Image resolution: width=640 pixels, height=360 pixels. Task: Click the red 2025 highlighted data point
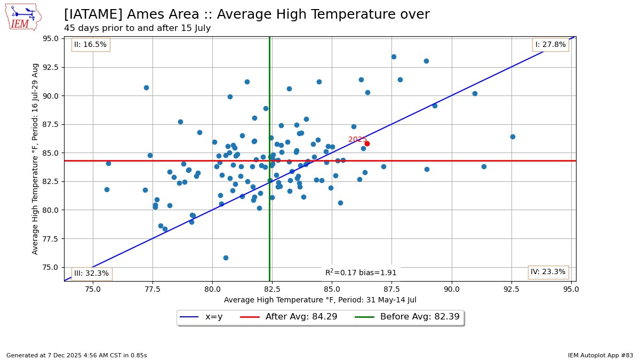coord(367,143)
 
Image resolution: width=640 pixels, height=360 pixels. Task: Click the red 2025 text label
coord(357,140)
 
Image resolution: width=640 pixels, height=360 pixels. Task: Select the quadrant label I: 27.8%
coord(550,45)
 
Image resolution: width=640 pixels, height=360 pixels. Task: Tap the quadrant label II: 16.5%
coord(91,45)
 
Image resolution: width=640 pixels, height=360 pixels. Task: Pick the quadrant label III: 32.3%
coord(91,274)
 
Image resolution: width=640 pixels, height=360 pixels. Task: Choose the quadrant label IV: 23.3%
coord(548,272)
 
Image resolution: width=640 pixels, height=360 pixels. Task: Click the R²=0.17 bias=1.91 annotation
coord(361,273)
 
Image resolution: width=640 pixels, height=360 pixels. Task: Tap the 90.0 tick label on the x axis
coord(452,289)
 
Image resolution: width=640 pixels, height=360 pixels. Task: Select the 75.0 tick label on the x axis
coord(93,289)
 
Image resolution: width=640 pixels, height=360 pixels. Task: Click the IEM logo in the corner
coord(23,17)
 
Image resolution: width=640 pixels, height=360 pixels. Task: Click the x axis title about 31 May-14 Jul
coord(320,300)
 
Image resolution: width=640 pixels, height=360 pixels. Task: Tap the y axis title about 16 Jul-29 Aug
coord(36,158)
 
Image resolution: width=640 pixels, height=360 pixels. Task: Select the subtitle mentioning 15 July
coord(137,28)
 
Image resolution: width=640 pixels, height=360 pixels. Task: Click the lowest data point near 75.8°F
coord(226,258)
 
